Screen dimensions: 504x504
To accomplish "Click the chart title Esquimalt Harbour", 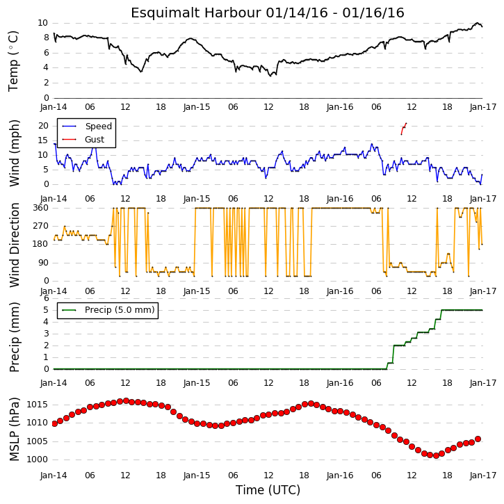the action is [196, 13].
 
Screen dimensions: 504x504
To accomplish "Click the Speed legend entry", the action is [88, 127].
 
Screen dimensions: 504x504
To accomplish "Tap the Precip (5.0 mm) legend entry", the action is [108, 310].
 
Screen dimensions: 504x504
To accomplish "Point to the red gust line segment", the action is [404, 128].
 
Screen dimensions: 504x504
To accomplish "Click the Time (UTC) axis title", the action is [268, 490].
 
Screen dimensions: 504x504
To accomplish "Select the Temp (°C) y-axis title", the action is [13, 61].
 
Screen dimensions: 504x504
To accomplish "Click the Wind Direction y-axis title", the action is [15, 245].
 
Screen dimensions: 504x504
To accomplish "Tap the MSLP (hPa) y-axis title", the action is [14, 430].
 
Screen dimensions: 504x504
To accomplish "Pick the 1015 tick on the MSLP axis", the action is [37, 405].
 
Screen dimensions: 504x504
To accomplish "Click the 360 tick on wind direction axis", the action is [41, 208].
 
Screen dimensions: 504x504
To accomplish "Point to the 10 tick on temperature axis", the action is [42, 23].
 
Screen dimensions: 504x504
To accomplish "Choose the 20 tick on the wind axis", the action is [43, 126].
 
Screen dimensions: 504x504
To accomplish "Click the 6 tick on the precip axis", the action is [47, 298].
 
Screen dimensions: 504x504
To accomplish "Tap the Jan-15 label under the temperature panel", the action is [197, 107].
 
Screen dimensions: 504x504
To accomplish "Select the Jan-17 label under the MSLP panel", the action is [483, 475].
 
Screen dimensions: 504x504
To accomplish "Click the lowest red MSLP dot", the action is [436, 455].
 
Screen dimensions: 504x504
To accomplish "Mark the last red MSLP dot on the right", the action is [478, 439].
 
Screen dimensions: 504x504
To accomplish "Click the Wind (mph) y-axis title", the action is [15, 154].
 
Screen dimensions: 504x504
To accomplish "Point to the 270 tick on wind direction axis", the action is [41, 226].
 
